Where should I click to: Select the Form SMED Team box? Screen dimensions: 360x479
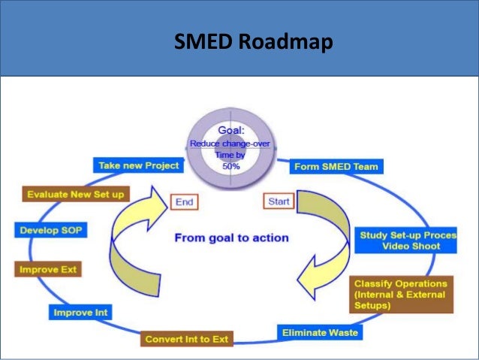(336, 166)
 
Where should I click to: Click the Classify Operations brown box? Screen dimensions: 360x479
(401, 294)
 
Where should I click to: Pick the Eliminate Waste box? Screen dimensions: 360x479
(319, 331)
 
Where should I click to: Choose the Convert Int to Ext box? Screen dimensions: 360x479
(186, 339)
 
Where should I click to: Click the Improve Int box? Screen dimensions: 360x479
(80, 312)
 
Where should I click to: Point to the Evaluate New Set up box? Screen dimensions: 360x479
(76, 194)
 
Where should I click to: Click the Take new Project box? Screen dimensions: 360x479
(139, 165)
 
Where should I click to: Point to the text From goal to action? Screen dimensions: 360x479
(231, 237)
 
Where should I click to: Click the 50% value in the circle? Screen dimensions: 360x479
(230, 167)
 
